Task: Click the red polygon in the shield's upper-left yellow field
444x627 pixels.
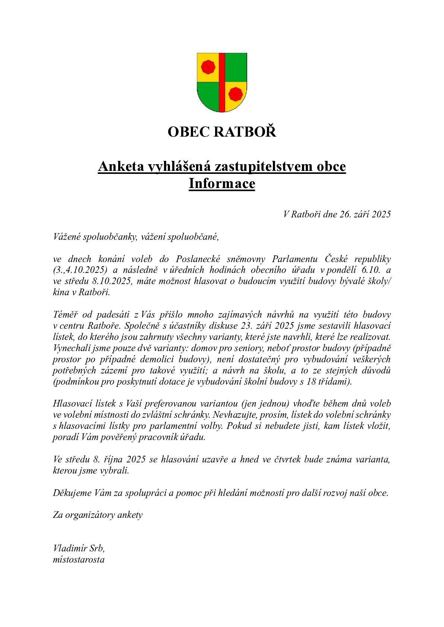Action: point(208,67)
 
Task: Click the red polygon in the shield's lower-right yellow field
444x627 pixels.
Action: point(235,93)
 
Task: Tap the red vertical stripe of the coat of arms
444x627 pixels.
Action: point(222,82)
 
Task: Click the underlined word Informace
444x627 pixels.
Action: point(222,184)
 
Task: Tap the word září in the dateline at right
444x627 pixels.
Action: point(360,214)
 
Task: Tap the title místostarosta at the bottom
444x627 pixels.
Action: point(79,560)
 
